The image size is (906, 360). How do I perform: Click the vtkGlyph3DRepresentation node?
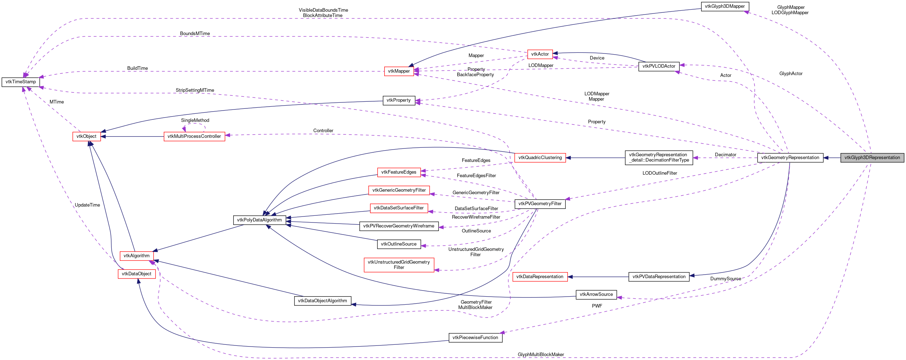click(x=872, y=158)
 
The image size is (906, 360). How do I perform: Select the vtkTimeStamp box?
click(x=21, y=82)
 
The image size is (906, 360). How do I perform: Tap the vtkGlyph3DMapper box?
click(x=725, y=6)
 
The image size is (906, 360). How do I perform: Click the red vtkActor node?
click(x=540, y=54)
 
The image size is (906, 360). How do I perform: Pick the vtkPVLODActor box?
click(x=659, y=66)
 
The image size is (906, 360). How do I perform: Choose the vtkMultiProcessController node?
click(x=194, y=136)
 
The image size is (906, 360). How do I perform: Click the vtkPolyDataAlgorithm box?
click(x=259, y=220)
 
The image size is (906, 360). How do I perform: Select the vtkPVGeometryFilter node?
click(x=540, y=204)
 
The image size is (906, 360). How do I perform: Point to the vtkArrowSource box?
click(x=596, y=294)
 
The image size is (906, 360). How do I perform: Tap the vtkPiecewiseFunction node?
click(x=475, y=338)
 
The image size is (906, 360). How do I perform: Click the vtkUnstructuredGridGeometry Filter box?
click(x=399, y=265)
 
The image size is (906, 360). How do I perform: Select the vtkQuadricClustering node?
click(x=540, y=158)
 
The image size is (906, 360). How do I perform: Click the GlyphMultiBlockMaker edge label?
click(x=541, y=355)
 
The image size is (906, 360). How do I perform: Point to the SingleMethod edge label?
click(x=195, y=120)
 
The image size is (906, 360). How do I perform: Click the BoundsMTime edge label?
click(x=195, y=34)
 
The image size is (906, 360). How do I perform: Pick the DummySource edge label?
click(x=726, y=279)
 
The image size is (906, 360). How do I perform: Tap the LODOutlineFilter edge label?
click(x=660, y=173)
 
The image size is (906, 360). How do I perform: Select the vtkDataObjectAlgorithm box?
click(x=323, y=301)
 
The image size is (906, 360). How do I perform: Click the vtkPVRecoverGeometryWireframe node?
click(x=399, y=226)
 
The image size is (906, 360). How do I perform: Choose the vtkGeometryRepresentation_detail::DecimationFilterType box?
click(x=659, y=158)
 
